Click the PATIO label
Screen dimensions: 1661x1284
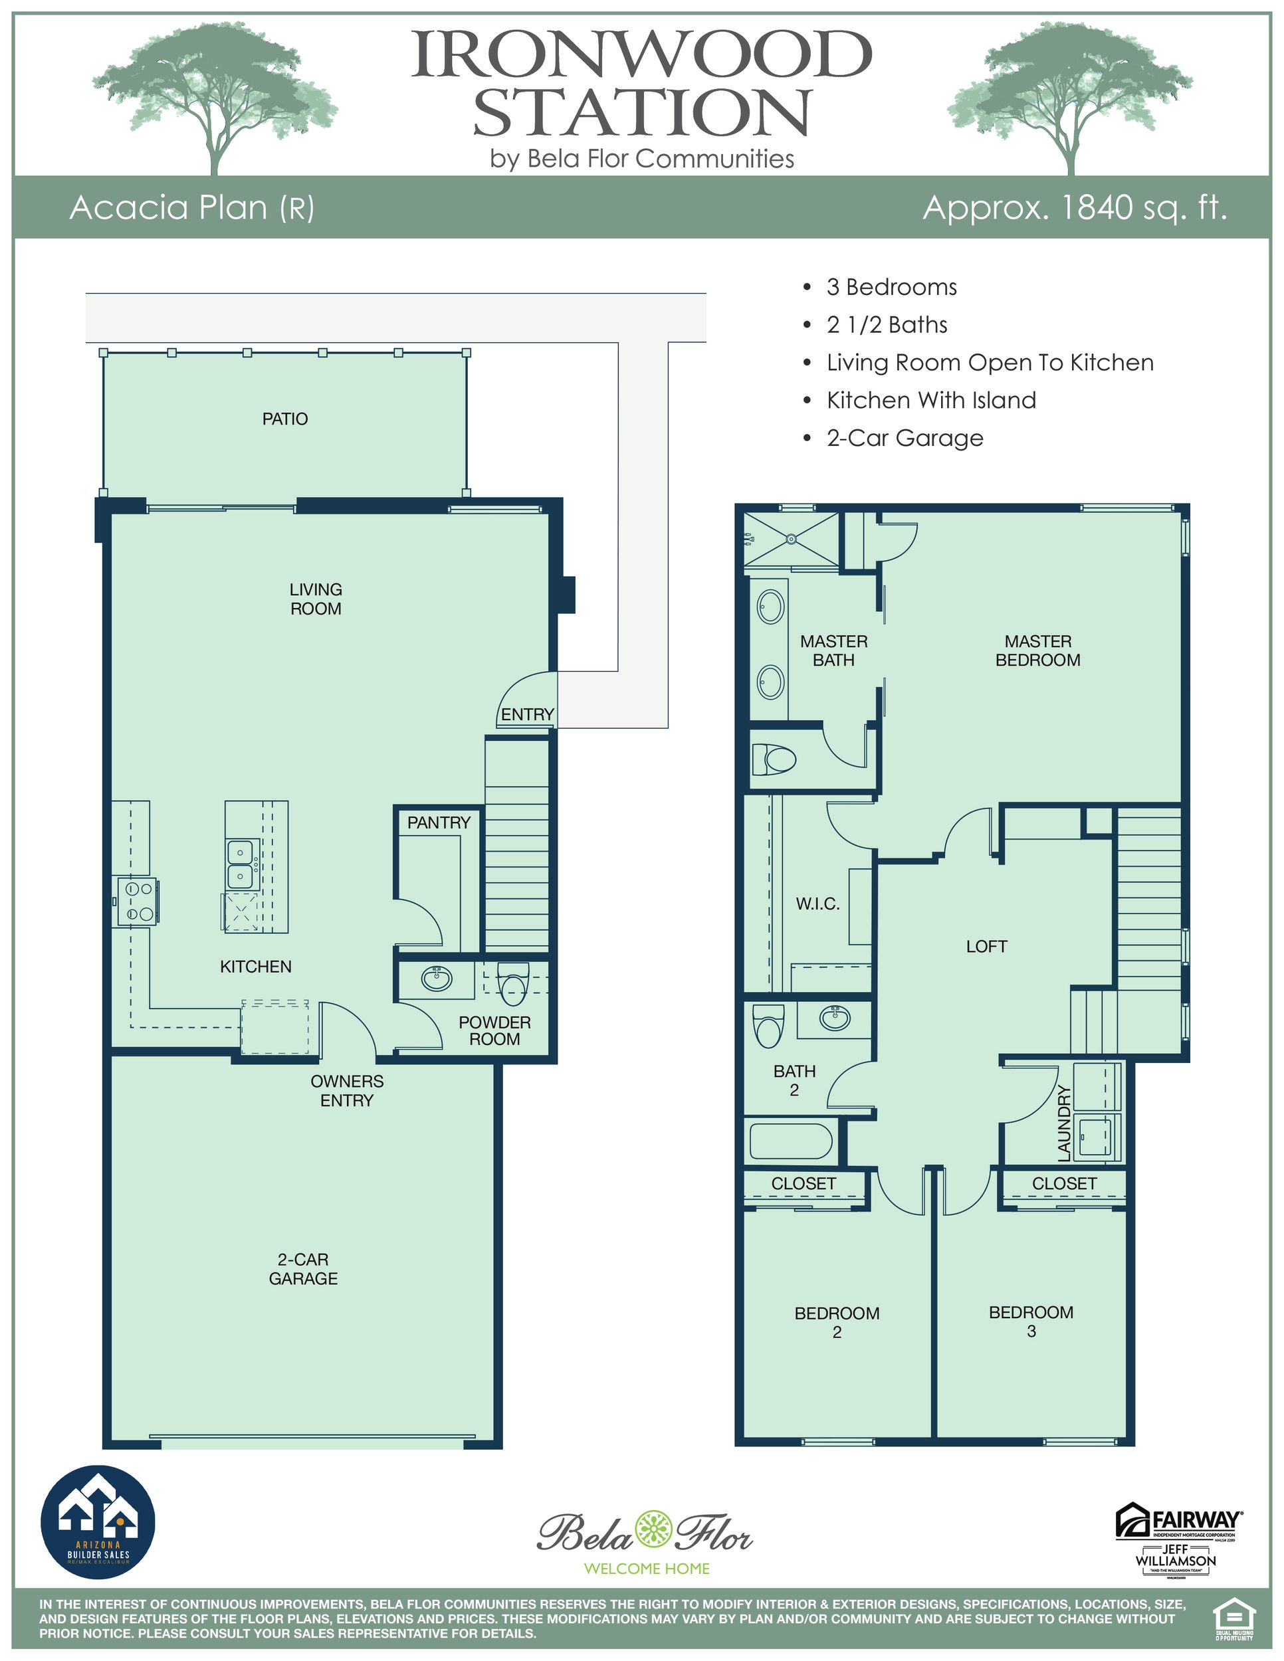click(285, 419)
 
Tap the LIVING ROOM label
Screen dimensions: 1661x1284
click(316, 599)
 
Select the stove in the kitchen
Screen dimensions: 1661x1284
click(137, 900)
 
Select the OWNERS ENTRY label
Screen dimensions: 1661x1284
click(347, 1090)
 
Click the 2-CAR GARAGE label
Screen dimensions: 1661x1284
click(303, 1268)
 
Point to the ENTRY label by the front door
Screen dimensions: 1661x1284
click(527, 714)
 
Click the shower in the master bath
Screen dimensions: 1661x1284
click(791, 539)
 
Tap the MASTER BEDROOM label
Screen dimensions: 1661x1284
click(1037, 650)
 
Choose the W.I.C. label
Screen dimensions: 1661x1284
click(817, 904)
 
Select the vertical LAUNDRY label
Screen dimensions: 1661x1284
click(1064, 1124)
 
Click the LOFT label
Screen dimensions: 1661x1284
click(986, 946)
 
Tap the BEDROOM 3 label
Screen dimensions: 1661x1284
click(1031, 1321)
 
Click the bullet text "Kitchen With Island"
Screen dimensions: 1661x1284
click(931, 400)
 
